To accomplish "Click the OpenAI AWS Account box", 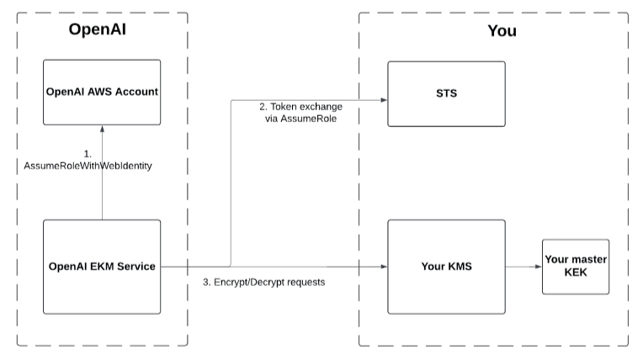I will tap(102, 93).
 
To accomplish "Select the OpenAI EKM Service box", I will tap(102, 267).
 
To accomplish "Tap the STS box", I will tap(446, 93).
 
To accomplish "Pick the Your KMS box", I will tap(446, 267).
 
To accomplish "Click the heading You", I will tap(502, 31).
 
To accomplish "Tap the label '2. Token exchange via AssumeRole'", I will tap(298, 114).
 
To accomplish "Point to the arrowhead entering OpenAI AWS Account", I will tap(102, 129).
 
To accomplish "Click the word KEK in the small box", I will tap(575, 273).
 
